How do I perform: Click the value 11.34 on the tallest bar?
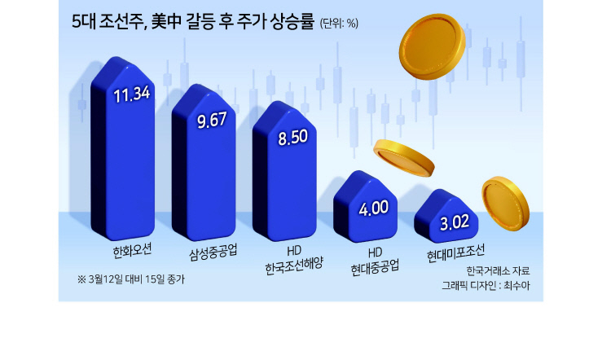132,94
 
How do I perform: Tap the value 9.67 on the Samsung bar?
212,120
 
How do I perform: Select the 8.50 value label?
293,137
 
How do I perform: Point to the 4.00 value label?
374,208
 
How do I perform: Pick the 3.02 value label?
455,222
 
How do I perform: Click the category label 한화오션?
132,251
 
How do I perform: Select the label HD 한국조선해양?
294,260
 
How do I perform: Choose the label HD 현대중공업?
375,261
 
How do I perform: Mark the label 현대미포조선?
455,253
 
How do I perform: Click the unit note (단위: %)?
339,24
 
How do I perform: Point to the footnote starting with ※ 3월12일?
131,279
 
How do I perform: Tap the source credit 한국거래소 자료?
498,270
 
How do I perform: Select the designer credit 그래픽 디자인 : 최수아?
486,286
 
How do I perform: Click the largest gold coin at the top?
433,46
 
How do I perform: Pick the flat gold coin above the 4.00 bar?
404,158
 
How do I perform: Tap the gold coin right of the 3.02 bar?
505,204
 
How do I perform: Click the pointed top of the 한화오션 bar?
116,58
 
